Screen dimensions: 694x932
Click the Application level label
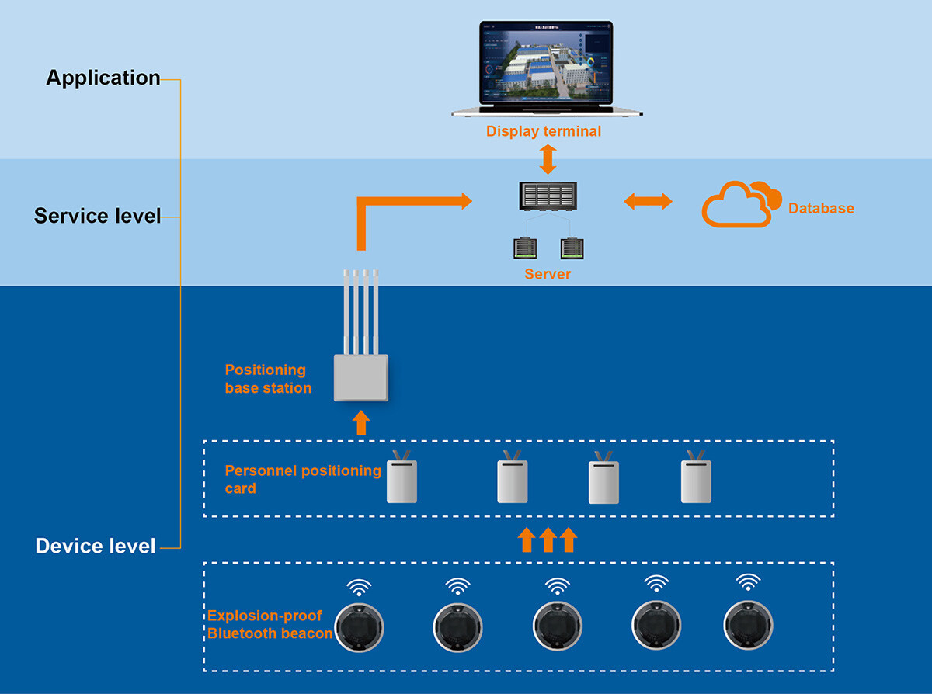(x=103, y=78)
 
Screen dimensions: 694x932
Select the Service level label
(x=97, y=216)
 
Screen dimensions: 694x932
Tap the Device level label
(x=96, y=547)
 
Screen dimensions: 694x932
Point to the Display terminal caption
(x=544, y=131)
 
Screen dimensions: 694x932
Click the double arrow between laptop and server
(x=548, y=159)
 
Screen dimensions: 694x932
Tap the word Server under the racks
(x=548, y=274)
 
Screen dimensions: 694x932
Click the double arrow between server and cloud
(x=648, y=203)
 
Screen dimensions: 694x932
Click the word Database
(x=821, y=208)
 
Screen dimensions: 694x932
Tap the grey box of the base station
(x=360, y=377)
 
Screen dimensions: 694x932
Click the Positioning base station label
(x=268, y=379)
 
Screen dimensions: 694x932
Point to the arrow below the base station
(x=360, y=423)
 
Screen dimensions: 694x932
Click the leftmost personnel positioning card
(x=402, y=481)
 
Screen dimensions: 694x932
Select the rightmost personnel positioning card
(x=696, y=481)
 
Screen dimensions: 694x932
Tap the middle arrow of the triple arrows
(x=548, y=540)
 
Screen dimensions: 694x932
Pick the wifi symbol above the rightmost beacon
(x=748, y=582)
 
